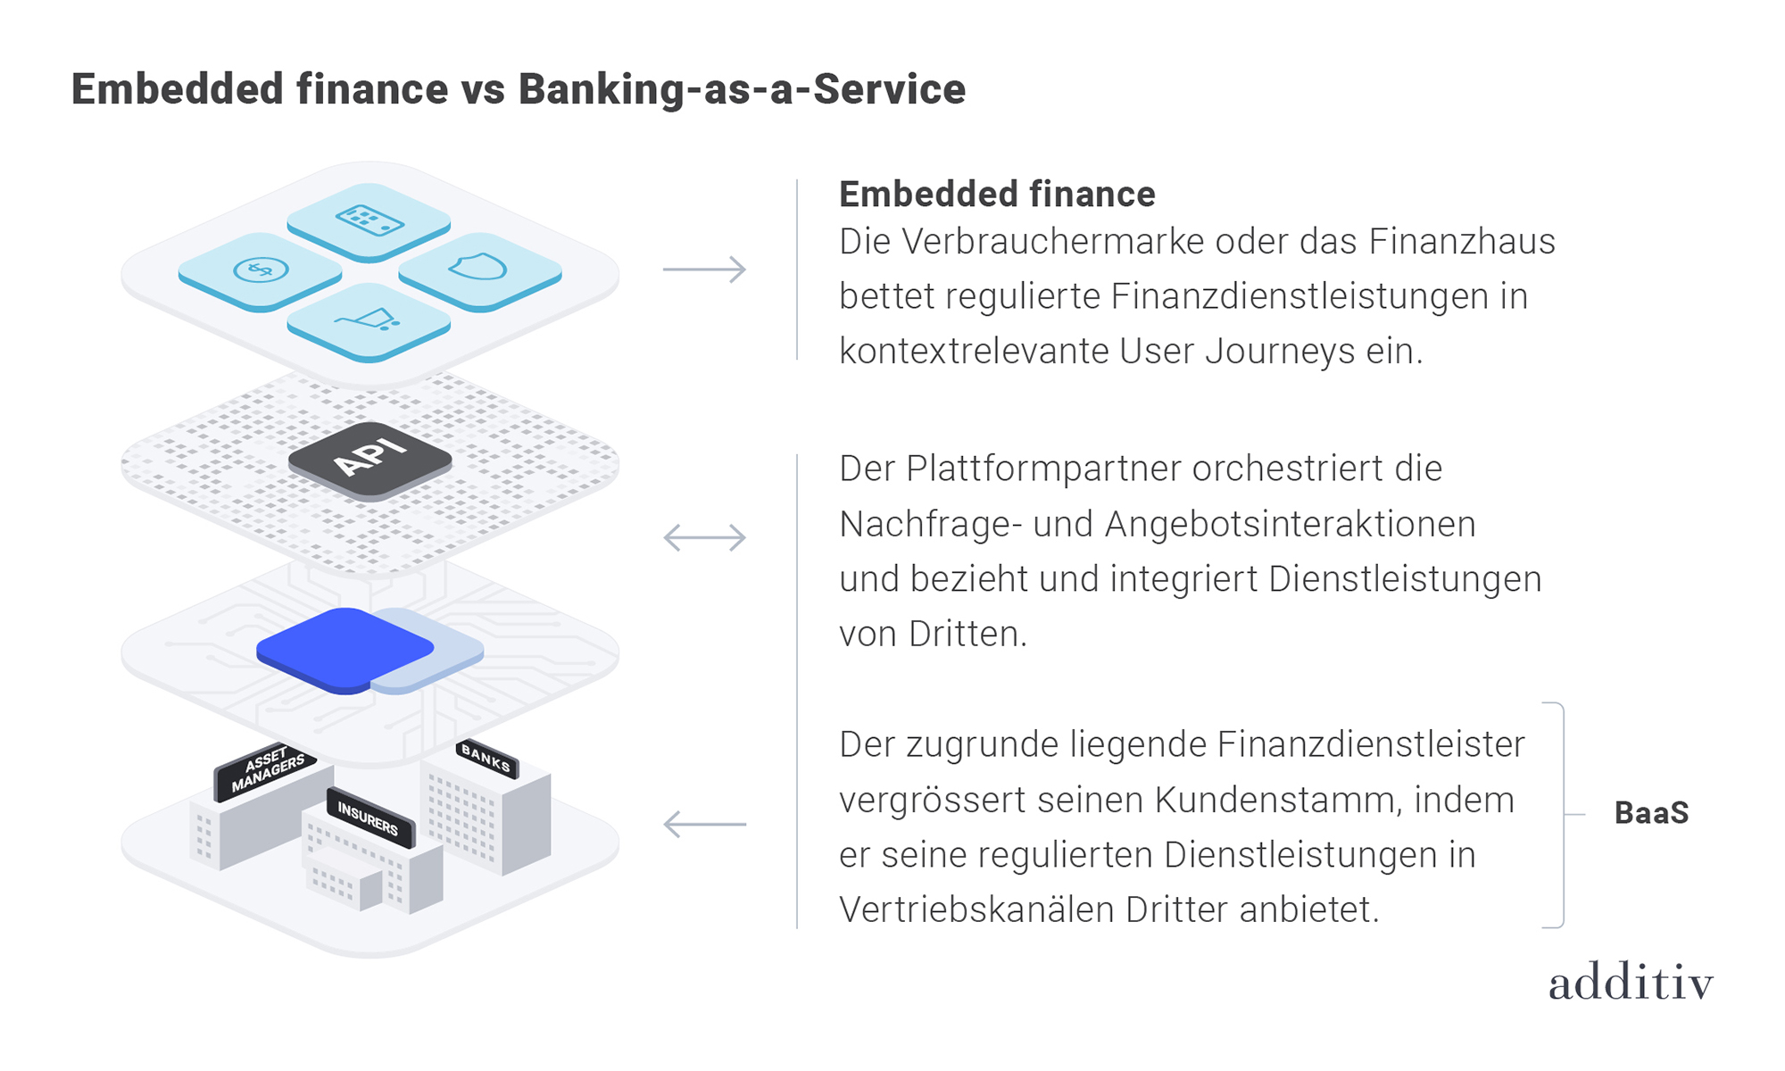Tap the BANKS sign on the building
pos(486,758)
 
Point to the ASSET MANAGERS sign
pos(266,768)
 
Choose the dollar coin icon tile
pos(260,270)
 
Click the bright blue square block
pos(345,649)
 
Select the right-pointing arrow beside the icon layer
pos(704,269)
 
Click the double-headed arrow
pos(704,537)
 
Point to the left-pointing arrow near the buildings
pos(704,824)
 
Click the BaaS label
pos(1651,813)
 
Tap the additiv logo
pos(1631,983)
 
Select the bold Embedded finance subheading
pos(997,194)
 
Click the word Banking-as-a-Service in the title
pos(742,89)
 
